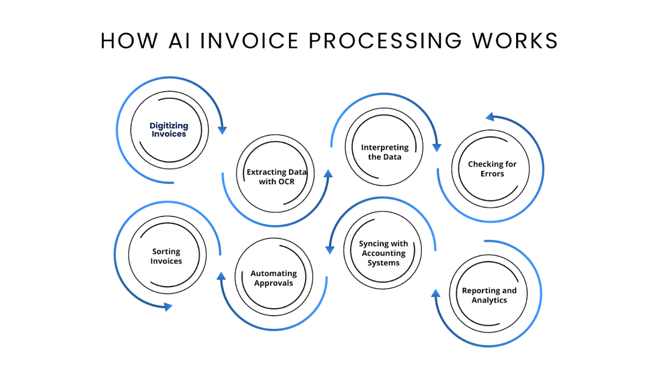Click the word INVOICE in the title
coord(249,41)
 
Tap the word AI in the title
coord(179,41)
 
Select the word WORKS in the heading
coord(515,41)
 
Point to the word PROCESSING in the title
coord(386,41)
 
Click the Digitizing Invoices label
coord(169,130)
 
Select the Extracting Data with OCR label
coord(276,177)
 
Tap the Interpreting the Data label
coord(385,152)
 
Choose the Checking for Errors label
coord(492,169)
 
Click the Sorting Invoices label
coord(166,256)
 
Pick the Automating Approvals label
coord(274,278)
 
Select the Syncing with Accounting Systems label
coord(383,253)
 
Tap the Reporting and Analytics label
coord(489,295)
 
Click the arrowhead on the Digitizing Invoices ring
coord(222,130)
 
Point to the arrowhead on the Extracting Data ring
coord(328,173)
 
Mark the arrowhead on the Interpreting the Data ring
coord(437,147)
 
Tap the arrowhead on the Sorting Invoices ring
coord(168,306)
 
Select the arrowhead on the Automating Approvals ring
coord(221,276)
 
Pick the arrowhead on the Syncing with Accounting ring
coord(330,250)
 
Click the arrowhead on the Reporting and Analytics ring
coord(436,293)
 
